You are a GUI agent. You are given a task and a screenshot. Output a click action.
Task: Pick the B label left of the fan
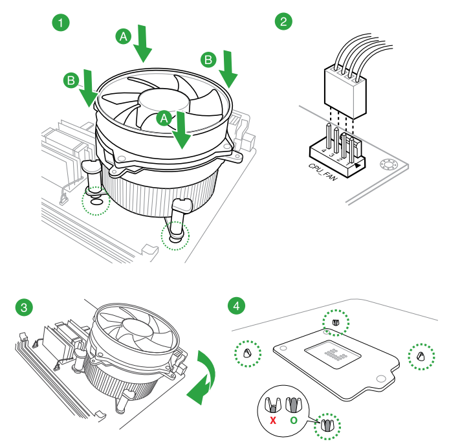(72, 81)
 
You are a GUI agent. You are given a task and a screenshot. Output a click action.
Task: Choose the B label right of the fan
(208, 60)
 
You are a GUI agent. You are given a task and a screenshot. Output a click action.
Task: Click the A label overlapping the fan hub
(164, 118)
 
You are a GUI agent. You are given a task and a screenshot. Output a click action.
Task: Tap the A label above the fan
(123, 36)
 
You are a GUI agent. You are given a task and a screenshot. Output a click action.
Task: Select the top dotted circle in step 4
(336, 322)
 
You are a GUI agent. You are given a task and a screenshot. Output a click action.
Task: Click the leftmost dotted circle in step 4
(247, 353)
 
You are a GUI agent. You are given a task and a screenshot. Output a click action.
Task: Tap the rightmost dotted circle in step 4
(421, 356)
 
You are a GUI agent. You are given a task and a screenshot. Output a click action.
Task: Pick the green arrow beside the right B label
(229, 69)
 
